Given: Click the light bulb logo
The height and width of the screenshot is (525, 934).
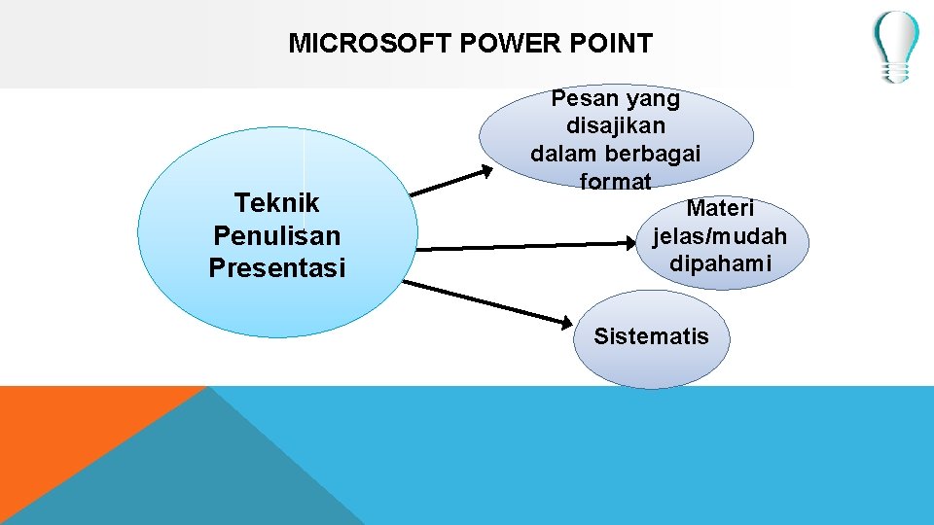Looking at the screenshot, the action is coord(894,46).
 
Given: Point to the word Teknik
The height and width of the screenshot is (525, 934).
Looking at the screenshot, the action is coord(277,203).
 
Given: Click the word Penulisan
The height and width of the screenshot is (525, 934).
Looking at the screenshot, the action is coord(277,236).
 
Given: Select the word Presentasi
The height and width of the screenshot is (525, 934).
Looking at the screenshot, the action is coord(277,268).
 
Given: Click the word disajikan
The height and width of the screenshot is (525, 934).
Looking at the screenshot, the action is coord(616,125).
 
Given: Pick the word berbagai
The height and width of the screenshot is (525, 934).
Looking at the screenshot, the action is coord(654,154).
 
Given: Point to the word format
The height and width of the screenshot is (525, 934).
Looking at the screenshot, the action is coord(616,181).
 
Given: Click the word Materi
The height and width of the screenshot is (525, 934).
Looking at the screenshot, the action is coord(720,208).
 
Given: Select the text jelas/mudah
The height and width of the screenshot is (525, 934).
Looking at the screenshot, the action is coord(720,236).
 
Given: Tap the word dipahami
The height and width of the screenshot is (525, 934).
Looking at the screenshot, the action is coord(720,263).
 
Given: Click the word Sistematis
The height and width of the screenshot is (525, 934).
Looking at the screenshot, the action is coord(651,337).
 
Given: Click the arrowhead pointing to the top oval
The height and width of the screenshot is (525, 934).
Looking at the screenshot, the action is coord(485,172).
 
